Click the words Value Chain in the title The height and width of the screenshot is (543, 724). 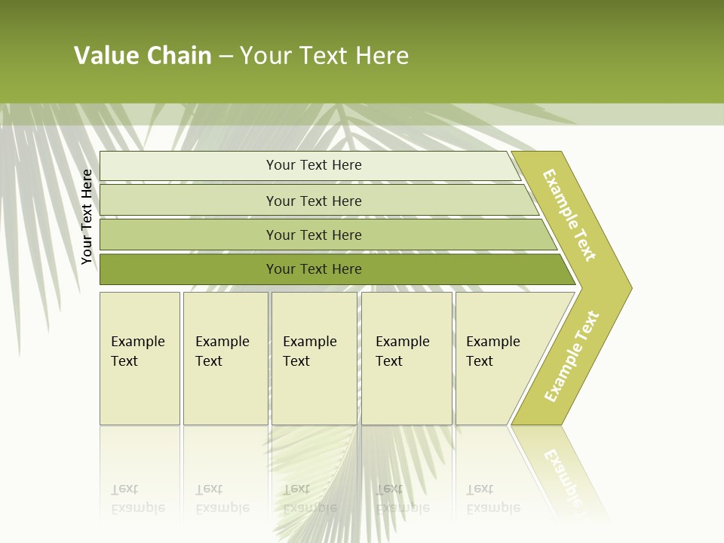click(143, 56)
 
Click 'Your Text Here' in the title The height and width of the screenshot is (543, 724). click(324, 56)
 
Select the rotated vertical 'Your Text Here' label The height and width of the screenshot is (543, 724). click(87, 217)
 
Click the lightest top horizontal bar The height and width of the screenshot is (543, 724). click(313, 165)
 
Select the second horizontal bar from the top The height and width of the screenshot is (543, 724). click(313, 201)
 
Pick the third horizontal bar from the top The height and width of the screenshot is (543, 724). click(313, 235)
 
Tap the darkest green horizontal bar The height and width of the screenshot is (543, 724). click(313, 269)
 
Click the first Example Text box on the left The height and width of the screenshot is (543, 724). click(140, 358)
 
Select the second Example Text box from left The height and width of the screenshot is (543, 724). click(225, 358)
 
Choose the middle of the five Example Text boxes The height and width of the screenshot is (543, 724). click(314, 358)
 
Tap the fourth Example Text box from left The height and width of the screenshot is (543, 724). click(406, 358)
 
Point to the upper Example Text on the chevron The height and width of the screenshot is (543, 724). click(569, 216)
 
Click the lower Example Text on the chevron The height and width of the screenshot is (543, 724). click(571, 357)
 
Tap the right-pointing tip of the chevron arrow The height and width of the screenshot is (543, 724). click(627, 287)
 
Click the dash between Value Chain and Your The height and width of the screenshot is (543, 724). click(225, 57)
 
